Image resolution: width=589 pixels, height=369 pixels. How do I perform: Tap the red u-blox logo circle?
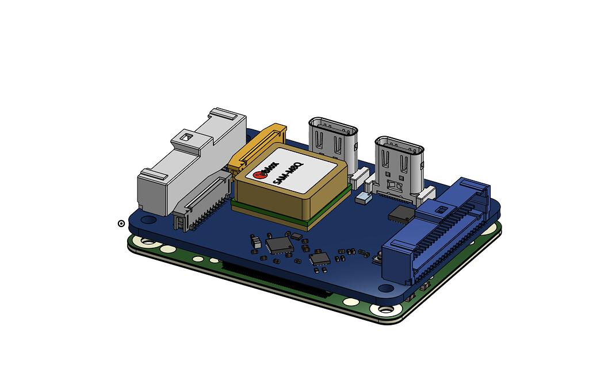point(259,171)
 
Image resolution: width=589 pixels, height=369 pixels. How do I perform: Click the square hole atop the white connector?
point(185,138)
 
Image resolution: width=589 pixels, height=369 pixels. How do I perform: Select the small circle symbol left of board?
point(121,223)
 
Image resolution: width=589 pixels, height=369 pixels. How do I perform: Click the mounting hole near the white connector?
point(147,220)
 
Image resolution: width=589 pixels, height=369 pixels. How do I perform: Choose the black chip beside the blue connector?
point(400,214)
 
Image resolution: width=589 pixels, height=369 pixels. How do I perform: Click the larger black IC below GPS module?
point(280,245)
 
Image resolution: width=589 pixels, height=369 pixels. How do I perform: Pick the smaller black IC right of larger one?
point(319,259)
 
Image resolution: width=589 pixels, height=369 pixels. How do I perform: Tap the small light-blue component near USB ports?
point(364,198)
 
